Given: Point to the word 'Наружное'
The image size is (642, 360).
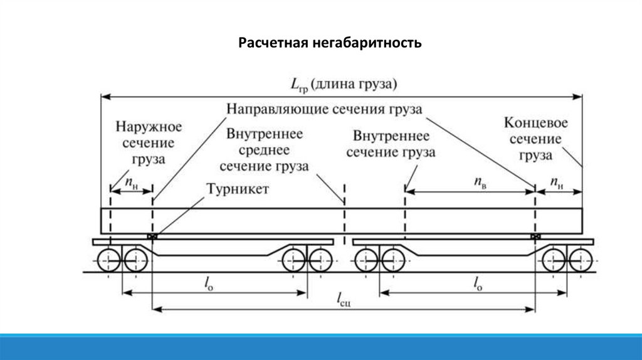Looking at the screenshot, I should pos(149,127).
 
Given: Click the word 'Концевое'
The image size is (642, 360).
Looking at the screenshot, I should pos(535,122).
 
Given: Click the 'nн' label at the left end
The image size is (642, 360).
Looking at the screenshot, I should pos(130,182).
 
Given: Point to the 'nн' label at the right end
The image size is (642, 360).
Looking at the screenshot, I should pos(557,182).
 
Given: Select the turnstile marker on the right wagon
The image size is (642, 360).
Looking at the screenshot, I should pos(535,236).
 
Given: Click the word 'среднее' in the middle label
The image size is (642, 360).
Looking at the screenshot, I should pos(266,151).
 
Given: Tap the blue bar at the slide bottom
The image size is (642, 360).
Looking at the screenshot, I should pos(321,347).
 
